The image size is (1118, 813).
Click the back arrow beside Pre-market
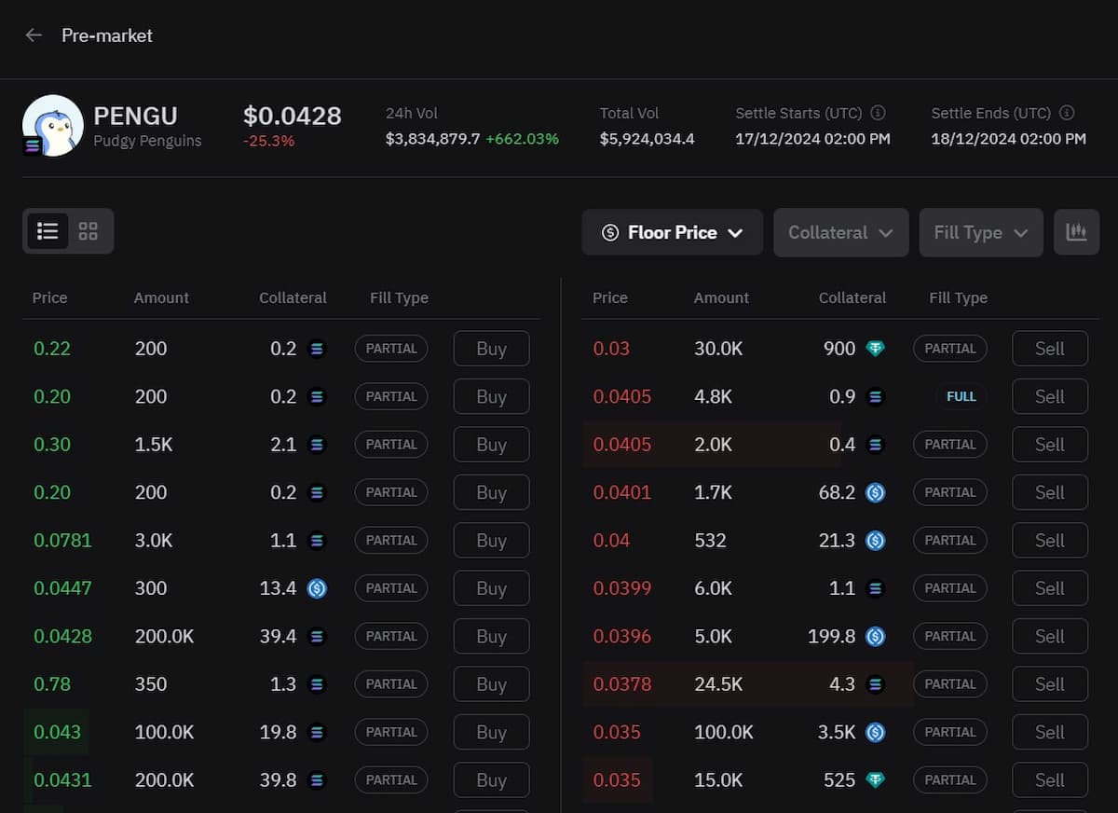point(34,35)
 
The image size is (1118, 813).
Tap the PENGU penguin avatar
point(52,126)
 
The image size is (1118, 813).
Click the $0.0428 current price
point(292,116)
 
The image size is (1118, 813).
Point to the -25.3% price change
point(268,141)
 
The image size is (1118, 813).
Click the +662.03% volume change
point(522,139)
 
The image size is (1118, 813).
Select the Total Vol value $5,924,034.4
point(647,139)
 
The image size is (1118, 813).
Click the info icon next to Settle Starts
point(878,113)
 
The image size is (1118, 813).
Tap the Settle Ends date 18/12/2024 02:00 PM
point(1008,139)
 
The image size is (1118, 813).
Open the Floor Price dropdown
point(672,232)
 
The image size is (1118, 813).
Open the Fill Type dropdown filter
point(980,232)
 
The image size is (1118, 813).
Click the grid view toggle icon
point(89,231)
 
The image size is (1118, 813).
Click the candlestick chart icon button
point(1076,232)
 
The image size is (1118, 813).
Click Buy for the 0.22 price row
point(491,349)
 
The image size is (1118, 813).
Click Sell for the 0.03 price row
point(1049,349)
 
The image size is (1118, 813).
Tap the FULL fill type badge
point(961,396)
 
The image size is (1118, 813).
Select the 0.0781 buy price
point(62,541)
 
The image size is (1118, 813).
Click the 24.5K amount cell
point(717,684)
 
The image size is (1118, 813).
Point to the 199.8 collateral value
point(831,637)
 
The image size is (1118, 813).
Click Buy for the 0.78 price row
point(491,684)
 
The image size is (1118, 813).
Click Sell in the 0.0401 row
point(1049,492)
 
